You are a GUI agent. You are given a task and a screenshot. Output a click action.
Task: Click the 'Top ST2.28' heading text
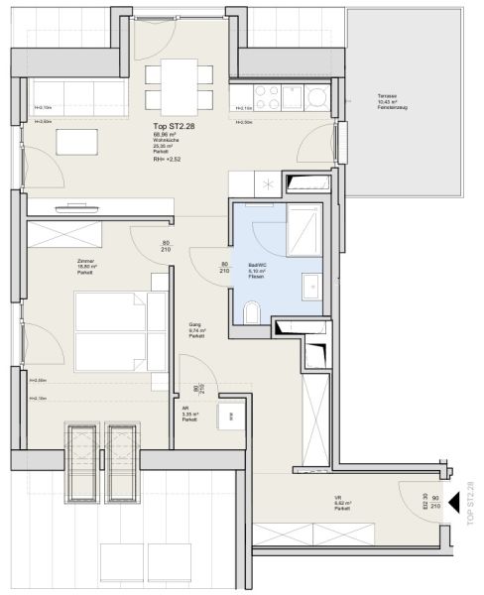pyautogui.click(x=173, y=127)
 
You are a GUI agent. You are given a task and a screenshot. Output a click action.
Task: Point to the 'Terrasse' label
pyautogui.click(x=387, y=96)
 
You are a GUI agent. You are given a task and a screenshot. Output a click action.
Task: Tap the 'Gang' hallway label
pyautogui.click(x=195, y=324)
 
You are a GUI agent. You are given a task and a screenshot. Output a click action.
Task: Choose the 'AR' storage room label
pyautogui.click(x=185, y=408)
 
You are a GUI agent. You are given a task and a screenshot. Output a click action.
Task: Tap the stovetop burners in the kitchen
pyautogui.click(x=268, y=96)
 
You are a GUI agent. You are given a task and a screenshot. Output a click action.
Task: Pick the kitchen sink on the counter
pyautogui.click(x=317, y=96)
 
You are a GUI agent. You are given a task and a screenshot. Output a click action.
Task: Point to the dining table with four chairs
pyautogui.click(x=179, y=86)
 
